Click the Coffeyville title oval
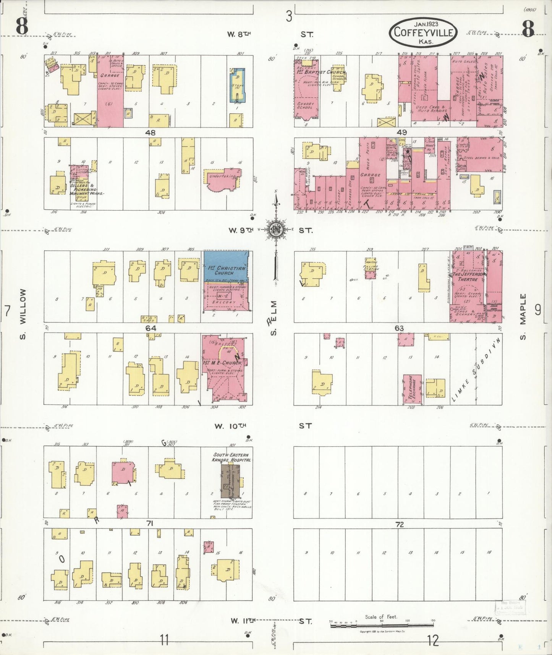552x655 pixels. pyautogui.click(x=423, y=32)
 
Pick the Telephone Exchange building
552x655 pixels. pyautogui.click(x=413, y=389)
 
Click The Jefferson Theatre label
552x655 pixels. pyautogui.click(x=468, y=276)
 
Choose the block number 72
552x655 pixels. pyautogui.click(x=399, y=524)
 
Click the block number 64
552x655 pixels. pyautogui.click(x=151, y=328)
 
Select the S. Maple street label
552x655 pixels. pyautogui.click(x=523, y=316)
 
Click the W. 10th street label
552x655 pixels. pyautogui.click(x=231, y=426)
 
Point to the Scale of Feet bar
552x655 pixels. pyautogui.click(x=382, y=626)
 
